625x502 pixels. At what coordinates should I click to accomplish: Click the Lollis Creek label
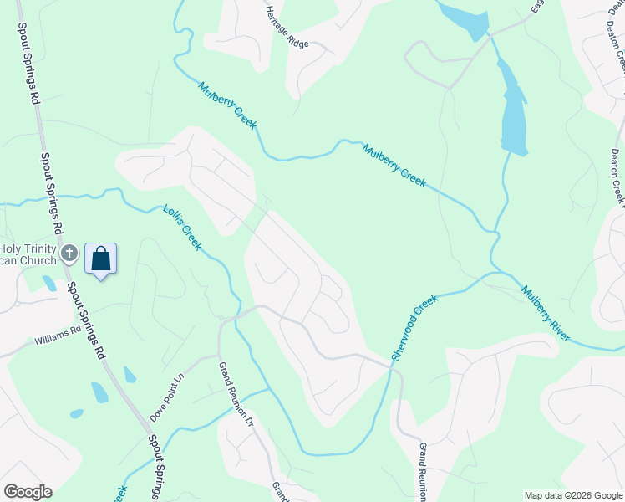point(181,228)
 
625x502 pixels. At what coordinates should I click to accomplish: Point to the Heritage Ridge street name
point(287,27)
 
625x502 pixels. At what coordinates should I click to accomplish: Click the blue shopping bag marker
point(100,259)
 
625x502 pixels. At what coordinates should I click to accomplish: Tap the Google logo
point(28,492)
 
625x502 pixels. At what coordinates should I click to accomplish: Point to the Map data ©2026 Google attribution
point(572,495)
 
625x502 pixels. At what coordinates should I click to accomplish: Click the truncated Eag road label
point(536,8)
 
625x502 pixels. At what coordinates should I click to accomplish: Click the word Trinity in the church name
point(39,248)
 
